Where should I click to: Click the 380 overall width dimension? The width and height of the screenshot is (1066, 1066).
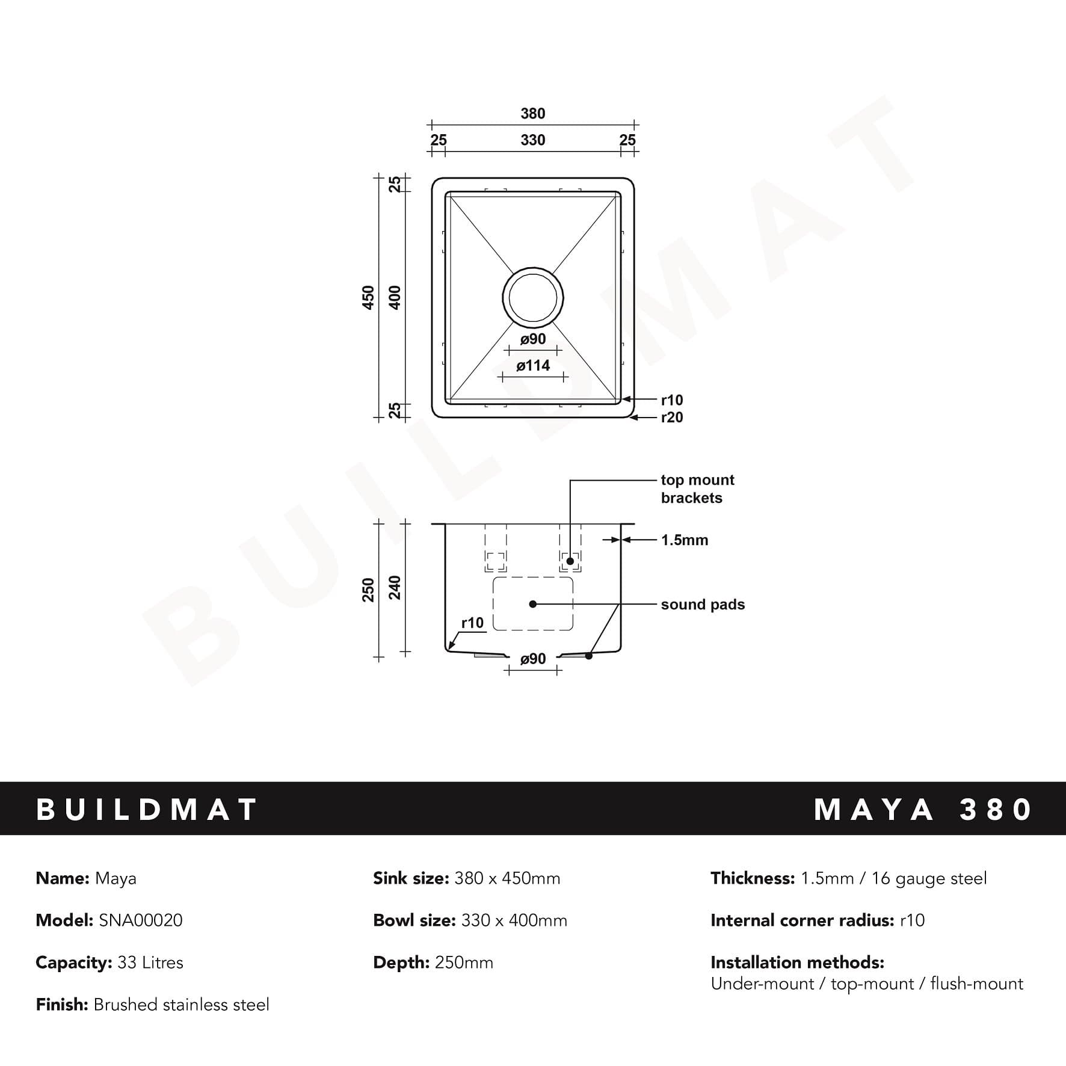532,113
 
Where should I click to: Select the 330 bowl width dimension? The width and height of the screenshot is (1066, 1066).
532,140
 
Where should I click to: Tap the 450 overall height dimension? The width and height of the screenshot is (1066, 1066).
368,297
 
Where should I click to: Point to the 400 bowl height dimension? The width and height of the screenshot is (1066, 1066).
395,297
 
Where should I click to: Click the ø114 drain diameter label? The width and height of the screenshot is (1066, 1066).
533,365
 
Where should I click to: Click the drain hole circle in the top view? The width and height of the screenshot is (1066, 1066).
533,297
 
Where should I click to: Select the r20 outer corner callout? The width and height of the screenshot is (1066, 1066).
671,417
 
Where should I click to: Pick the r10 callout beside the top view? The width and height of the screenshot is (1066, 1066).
671,400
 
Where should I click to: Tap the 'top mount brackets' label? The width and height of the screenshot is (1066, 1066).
697,488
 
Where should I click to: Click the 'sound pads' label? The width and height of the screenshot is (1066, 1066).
702,605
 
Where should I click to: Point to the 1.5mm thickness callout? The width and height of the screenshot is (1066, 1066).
684,540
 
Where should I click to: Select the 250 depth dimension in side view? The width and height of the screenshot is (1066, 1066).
368,590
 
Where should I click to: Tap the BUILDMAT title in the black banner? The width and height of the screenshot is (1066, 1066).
147,809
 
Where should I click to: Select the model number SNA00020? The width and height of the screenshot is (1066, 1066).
141,920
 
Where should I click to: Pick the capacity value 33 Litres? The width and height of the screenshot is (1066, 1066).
150,963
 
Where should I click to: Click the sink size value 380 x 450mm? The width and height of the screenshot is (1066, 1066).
507,878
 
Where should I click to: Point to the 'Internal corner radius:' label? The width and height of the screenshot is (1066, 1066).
802,920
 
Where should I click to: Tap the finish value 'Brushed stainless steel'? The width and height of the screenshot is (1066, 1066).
181,1005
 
